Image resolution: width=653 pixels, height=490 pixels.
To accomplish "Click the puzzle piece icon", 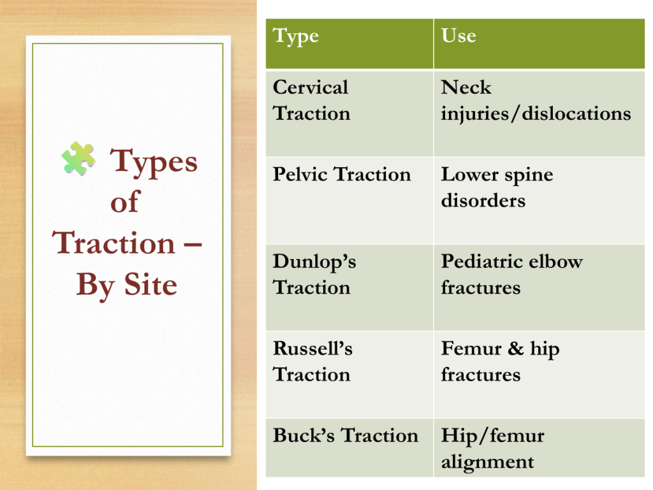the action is click(x=78, y=158).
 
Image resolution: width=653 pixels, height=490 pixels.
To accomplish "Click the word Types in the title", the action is click(x=154, y=163).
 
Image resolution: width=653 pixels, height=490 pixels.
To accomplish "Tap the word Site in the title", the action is click(x=150, y=285).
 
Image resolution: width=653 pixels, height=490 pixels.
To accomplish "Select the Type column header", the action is click(x=296, y=36).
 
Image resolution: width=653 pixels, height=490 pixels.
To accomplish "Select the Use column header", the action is click(x=459, y=36).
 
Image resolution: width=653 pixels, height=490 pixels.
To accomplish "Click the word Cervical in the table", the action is click(x=311, y=87).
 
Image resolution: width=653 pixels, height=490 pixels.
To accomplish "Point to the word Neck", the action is click(x=466, y=87).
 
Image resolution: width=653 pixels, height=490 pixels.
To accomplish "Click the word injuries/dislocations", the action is click(x=536, y=114).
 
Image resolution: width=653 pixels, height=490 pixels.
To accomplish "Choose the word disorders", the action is click(x=483, y=200).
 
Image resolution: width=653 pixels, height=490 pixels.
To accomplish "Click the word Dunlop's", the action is click(x=314, y=262).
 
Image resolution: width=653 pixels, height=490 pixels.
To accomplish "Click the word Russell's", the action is click(x=312, y=348).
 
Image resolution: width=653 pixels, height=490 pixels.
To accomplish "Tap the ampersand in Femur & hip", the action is click(x=515, y=348).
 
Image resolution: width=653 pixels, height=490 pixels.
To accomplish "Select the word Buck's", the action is click(x=304, y=435).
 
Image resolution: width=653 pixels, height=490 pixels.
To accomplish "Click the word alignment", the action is click(x=487, y=463).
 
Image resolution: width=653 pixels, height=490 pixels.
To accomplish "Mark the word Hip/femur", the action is click(x=493, y=436).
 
